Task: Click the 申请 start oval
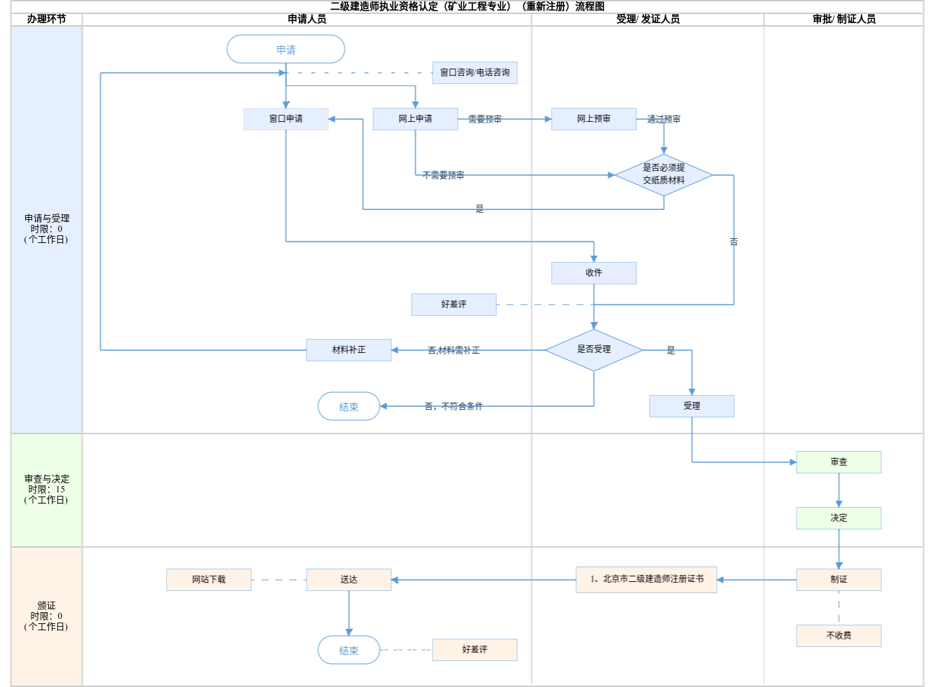coord(286,50)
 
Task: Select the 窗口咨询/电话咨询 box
coord(475,73)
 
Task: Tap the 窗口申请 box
coord(286,119)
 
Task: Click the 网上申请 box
coord(415,119)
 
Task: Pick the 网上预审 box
coord(594,119)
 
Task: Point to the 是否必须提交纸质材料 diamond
coord(664,174)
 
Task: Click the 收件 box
coord(594,273)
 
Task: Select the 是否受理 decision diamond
coord(594,349)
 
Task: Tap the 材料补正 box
coord(349,350)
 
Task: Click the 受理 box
coord(692,406)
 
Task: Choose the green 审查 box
coord(839,462)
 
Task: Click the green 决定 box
coord(839,518)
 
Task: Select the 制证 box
coord(839,580)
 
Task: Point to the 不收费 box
coord(839,636)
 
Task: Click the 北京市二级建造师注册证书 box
coord(646,580)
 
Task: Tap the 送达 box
coord(349,580)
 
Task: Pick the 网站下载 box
coord(209,580)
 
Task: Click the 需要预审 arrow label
coord(484,120)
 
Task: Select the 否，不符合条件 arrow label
coord(454,406)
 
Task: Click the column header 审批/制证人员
coord(844,20)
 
